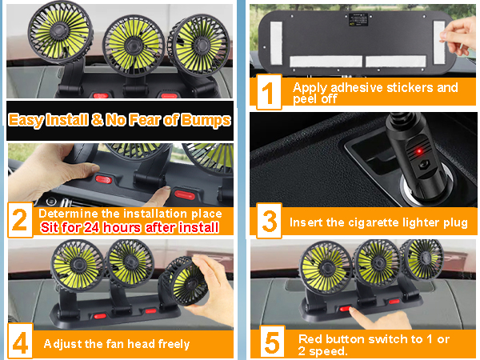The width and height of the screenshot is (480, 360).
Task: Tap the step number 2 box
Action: [20, 220]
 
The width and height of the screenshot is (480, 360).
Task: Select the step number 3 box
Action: [270, 221]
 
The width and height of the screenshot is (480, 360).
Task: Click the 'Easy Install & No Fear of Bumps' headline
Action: [121, 121]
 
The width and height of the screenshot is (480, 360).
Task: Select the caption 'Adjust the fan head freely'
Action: [117, 344]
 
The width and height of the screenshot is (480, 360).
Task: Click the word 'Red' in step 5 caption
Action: [309, 338]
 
